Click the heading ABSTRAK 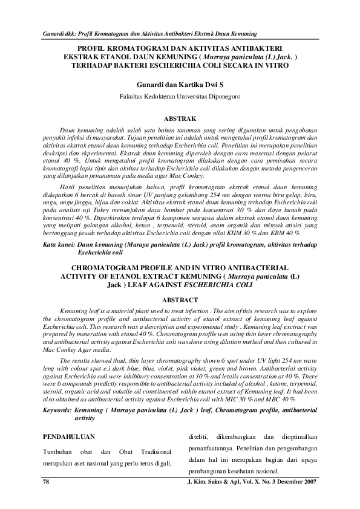(180, 120)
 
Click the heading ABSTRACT (180, 300)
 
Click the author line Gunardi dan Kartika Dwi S (180, 85)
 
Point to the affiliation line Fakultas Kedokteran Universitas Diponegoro (180, 96)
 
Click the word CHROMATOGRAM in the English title (105, 266)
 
